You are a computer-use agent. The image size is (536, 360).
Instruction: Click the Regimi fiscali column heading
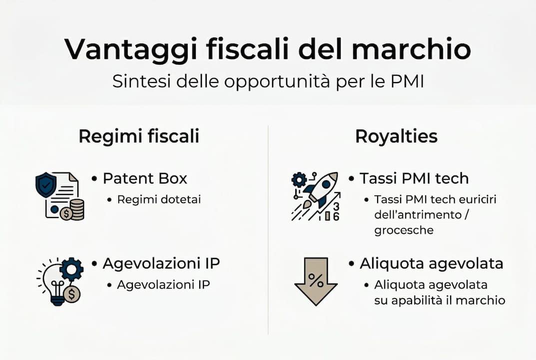tap(139, 136)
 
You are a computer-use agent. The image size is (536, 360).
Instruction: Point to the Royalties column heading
tap(396, 136)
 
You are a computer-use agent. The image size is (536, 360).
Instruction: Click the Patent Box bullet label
tap(145, 178)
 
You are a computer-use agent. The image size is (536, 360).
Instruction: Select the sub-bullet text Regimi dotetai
tap(159, 199)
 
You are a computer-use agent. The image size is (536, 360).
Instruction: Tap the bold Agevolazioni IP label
tap(161, 263)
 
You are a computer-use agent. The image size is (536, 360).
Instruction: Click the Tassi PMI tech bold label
tap(414, 178)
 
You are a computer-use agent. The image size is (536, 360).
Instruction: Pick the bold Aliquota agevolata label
tap(431, 263)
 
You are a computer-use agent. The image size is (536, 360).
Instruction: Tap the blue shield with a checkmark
tap(45, 183)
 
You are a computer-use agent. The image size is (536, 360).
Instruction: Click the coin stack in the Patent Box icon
tap(77, 209)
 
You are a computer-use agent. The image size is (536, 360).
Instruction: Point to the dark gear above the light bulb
tap(71, 269)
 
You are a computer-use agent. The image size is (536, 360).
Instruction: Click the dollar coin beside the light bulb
tap(72, 294)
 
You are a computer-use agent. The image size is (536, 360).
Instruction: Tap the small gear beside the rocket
tap(299, 179)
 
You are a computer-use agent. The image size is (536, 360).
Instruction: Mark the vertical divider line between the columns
tap(268, 230)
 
